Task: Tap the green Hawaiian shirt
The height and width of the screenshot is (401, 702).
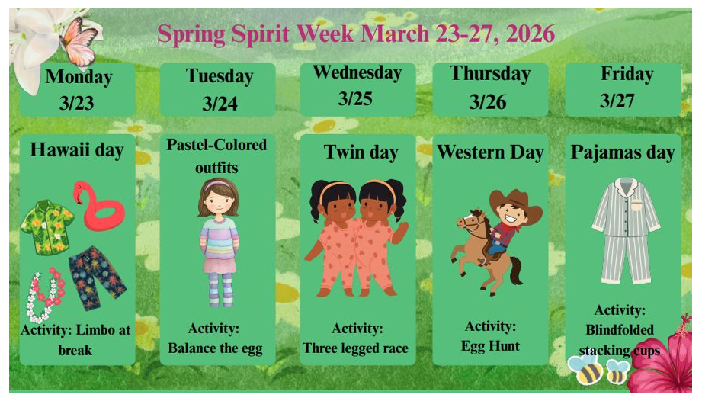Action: click(47, 226)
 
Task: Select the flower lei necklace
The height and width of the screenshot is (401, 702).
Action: click(44, 294)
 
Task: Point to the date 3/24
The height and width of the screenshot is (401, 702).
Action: click(220, 104)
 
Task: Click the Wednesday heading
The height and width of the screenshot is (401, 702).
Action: click(357, 73)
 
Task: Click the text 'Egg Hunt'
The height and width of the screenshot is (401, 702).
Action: click(490, 346)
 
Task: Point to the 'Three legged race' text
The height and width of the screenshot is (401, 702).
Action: click(355, 349)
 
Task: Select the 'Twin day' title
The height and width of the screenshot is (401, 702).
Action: click(361, 152)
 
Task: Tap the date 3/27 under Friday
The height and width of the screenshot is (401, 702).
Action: click(617, 101)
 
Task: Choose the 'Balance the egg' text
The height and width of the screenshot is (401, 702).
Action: click(215, 349)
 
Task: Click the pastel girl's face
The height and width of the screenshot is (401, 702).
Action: click(218, 203)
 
